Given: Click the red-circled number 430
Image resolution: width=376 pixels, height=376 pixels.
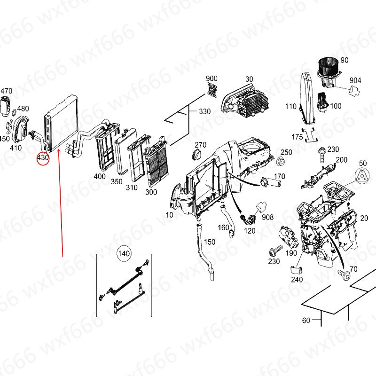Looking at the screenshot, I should [x=43, y=158].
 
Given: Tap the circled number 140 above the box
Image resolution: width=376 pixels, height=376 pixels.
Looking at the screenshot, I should [x=123, y=254].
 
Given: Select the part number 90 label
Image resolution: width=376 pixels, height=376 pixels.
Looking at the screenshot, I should [x=345, y=60].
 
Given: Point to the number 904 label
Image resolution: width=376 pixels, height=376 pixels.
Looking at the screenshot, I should [x=355, y=80].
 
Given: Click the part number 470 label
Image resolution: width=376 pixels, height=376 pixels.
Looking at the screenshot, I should [x=6, y=91].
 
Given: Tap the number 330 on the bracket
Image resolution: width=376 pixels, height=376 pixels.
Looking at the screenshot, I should [x=204, y=112].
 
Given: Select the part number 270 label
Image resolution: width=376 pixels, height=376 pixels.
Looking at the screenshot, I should [x=201, y=144].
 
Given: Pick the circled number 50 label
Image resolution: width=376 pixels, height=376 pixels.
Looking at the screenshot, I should [x=362, y=163].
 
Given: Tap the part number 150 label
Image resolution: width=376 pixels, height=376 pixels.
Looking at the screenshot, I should [x=210, y=242].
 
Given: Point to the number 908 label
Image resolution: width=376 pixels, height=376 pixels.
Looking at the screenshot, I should [x=267, y=218].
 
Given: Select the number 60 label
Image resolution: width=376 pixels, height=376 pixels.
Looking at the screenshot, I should [x=306, y=321].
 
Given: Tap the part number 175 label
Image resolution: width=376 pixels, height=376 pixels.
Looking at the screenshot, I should [x=297, y=137].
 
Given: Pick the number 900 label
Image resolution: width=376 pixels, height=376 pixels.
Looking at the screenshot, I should [x=211, y=78].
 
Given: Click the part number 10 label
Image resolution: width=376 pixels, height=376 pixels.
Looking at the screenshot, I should [x=169, y=215].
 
